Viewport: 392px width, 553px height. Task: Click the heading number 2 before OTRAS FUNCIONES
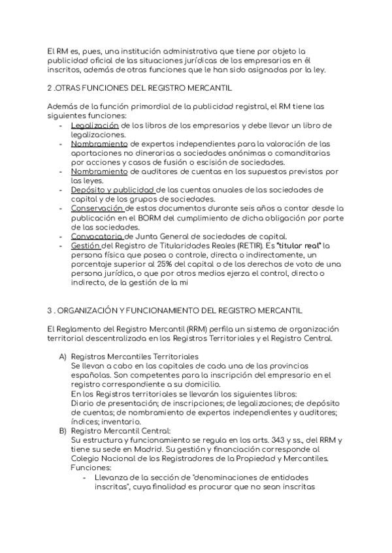50,87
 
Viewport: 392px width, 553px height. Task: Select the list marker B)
63,430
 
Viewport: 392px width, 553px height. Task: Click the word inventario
116,421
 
